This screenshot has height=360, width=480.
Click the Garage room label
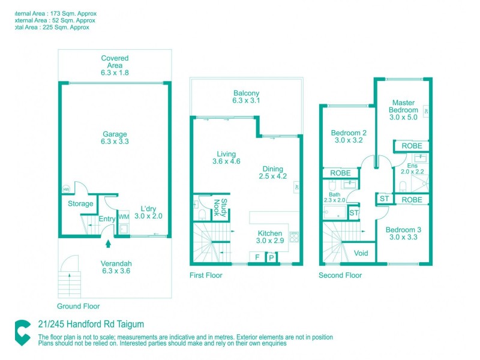point(115,134)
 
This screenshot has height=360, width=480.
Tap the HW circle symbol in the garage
point(65,189)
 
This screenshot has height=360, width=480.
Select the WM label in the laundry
point(124,217)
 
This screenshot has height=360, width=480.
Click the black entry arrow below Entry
point(108,243)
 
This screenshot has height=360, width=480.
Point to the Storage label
point(80,204)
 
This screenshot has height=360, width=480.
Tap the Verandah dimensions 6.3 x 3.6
point(115,271)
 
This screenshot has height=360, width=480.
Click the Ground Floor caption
point(78,306)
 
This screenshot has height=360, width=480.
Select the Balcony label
point(246,93)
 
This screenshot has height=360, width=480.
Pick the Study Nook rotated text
point(221,208)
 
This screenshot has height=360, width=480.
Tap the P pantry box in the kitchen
point(272,258)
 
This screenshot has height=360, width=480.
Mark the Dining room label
point(272,169)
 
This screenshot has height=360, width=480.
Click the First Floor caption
point(206,275)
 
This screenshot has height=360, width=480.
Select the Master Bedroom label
point(403,106)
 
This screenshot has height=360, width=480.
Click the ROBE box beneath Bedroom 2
point(340,173)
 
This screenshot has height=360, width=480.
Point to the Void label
point(361,253)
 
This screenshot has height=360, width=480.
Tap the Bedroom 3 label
point(403,230)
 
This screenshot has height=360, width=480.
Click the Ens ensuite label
point(412,165)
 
